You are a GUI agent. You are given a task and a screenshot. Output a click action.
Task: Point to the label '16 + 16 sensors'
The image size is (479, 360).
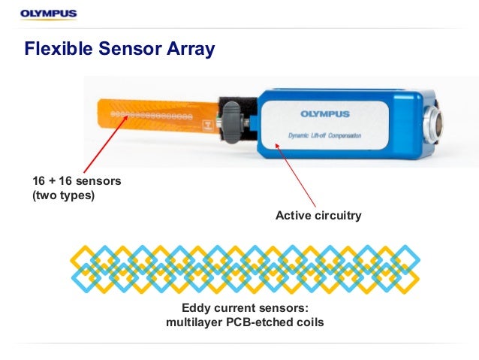[x=76, y=181]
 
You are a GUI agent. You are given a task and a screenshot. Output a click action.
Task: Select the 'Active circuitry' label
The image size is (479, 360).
[x=318, y=216]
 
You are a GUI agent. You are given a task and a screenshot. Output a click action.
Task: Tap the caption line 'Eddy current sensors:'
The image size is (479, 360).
[x=245, y=308]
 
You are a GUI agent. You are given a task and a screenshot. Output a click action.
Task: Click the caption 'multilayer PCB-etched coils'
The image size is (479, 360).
[x=245, y=323]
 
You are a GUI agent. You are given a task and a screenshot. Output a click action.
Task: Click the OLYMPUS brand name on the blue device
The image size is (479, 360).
[x=325, y=114]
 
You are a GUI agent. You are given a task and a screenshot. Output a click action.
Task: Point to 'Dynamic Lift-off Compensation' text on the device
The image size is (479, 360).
[x=325, y=136]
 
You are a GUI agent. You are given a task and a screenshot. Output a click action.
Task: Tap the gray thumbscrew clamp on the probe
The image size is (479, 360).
[x=234, y=122]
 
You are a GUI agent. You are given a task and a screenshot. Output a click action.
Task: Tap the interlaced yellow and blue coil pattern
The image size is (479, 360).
[x=245, y=268]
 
